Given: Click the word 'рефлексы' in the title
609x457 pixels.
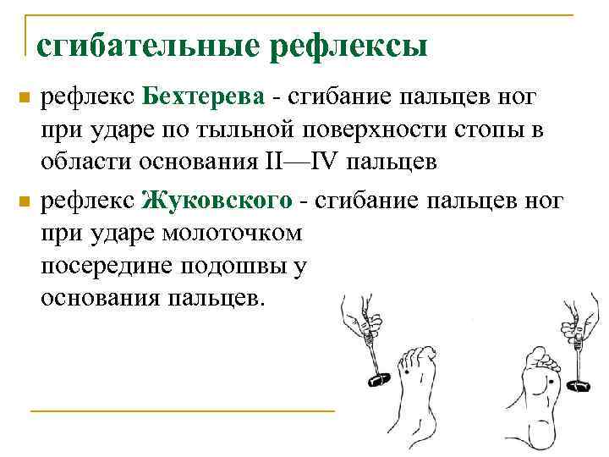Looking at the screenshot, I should click(348, 45).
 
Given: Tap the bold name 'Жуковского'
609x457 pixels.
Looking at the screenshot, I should click(217, 201).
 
